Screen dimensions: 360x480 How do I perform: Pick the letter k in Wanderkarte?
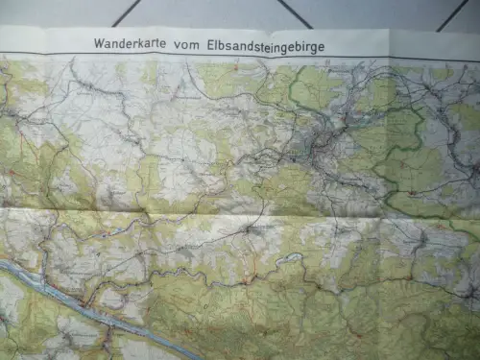pyautogui.click(x=137, y=43)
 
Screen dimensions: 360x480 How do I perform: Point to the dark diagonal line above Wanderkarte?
pyautogui.click(x=125, y=12)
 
